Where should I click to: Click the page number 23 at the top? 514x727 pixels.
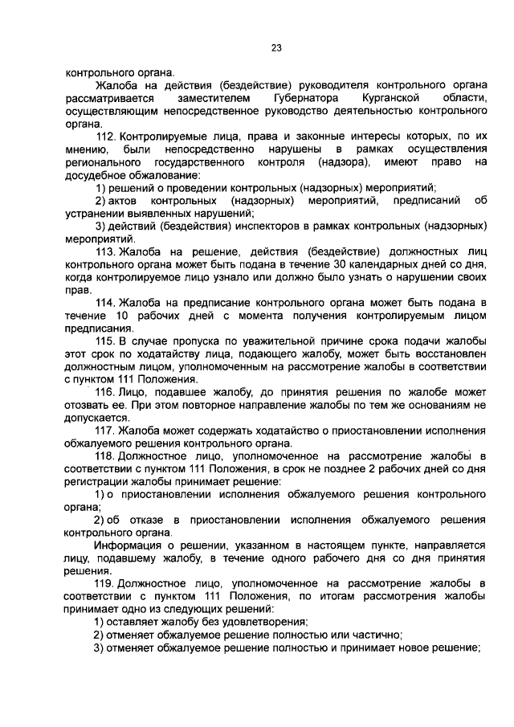click(x=275, y=48)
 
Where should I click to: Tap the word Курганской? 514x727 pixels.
click(x=386, y=97)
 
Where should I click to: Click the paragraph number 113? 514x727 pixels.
click(x=105, y=251)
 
